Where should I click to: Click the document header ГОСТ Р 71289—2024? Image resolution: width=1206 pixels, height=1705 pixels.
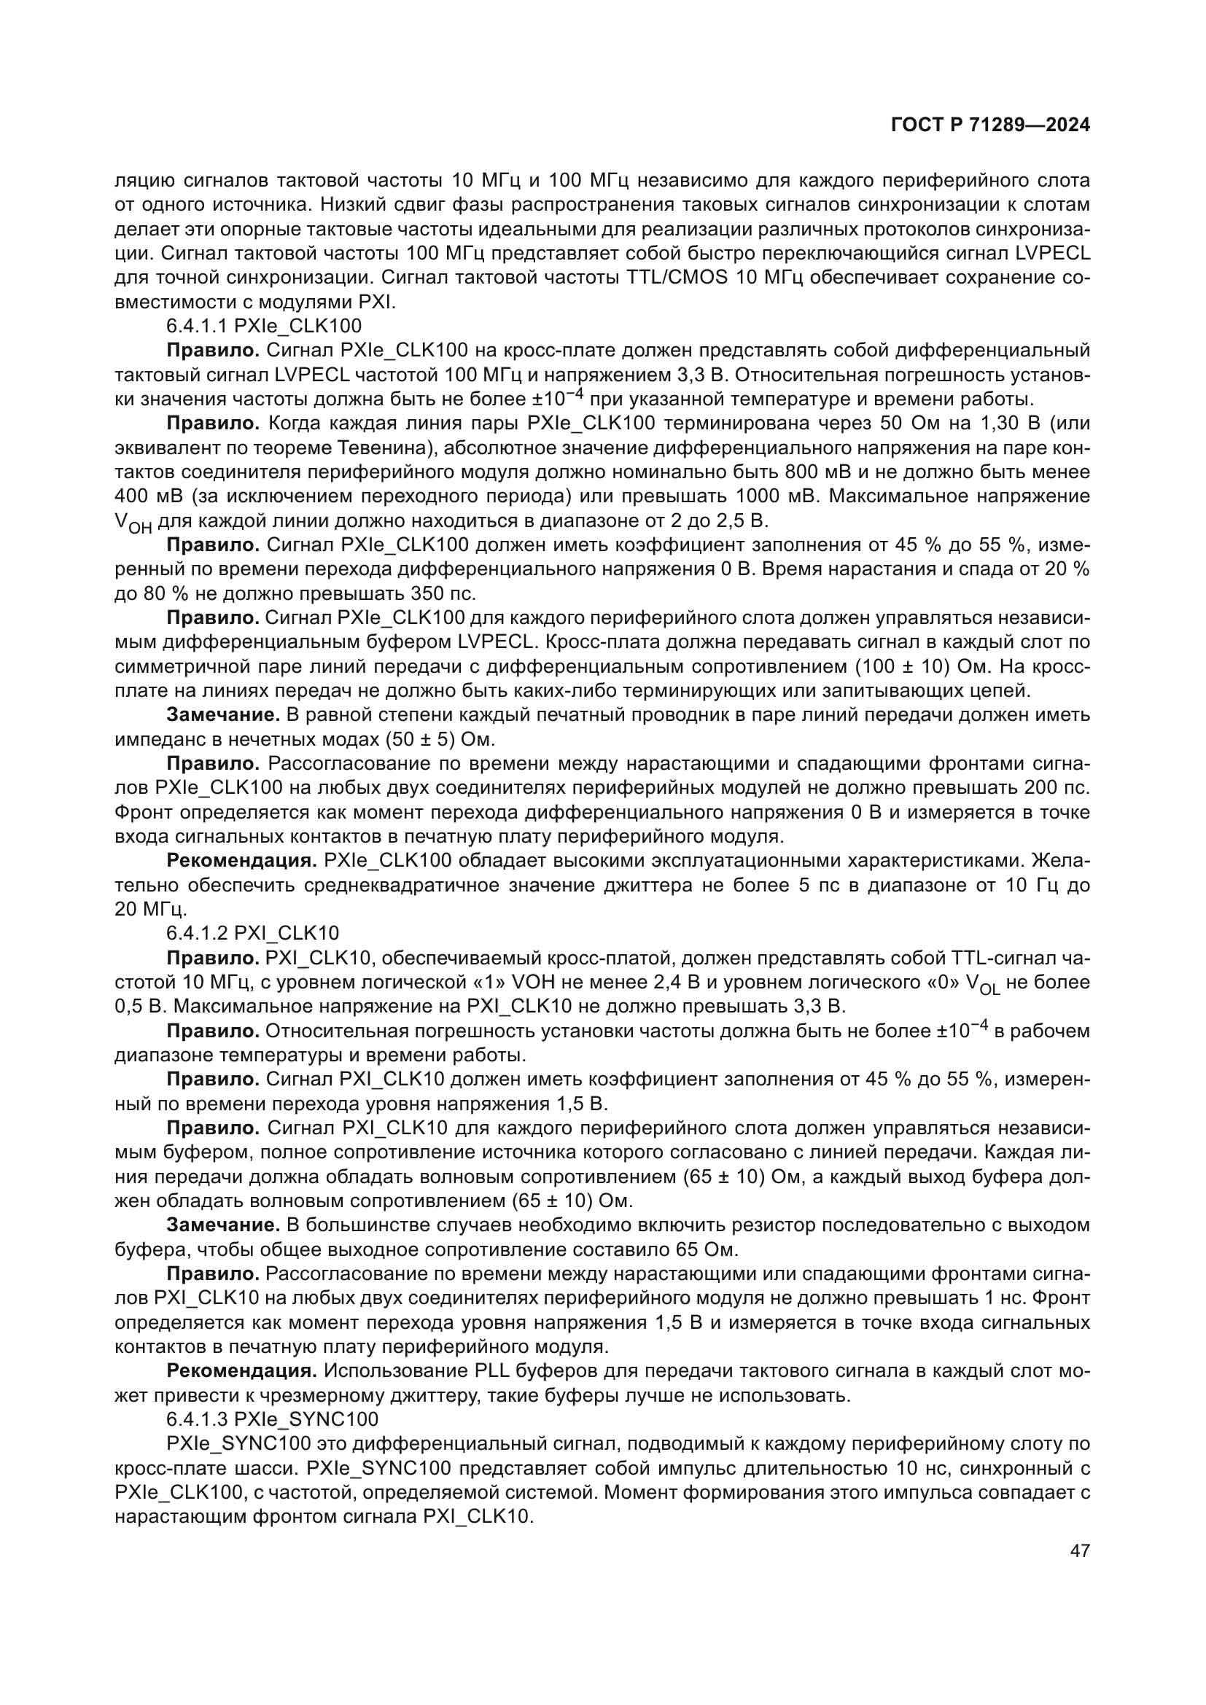pos(990,125)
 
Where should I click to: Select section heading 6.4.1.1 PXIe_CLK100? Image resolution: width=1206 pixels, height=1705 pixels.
pos(264,325)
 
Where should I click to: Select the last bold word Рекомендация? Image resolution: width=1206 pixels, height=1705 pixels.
pos(241,1371)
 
